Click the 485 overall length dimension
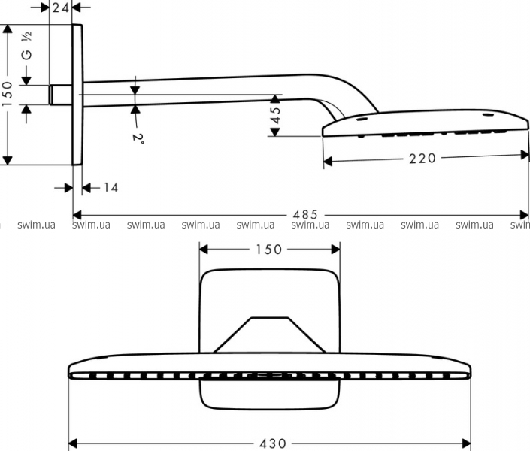coord(305,214)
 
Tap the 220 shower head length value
coord(422,158)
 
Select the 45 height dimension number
coord(275,115)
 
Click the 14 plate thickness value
coord(111,187)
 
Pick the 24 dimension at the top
coord(61,7)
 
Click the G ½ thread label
coord(27,46)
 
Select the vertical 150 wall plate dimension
coord(7,94)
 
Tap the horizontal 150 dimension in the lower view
coord(268,250)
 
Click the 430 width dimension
coord(273,443)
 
